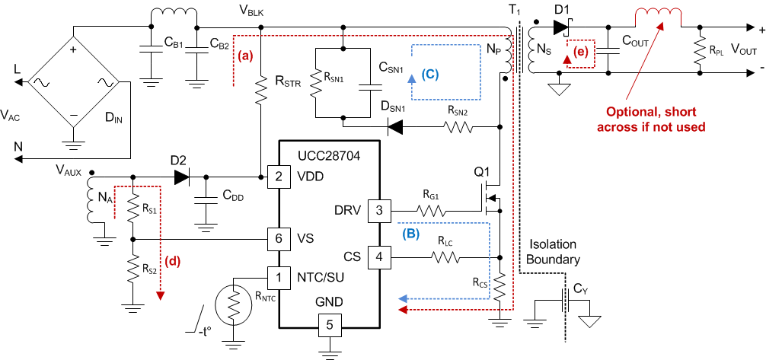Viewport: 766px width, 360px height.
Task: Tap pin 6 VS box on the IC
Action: (x=278, y=239)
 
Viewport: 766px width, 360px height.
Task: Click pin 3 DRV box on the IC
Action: (x=379, y=210)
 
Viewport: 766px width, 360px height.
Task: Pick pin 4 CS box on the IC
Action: (x=379, y=256)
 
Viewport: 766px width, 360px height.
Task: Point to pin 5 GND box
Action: (x=330, y=325)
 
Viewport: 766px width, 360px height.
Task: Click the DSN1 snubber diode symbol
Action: (x=395, y=127)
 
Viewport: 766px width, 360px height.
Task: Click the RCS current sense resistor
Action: (x=499, y=288)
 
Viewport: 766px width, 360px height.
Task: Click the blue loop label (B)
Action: (x=410, y=235)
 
